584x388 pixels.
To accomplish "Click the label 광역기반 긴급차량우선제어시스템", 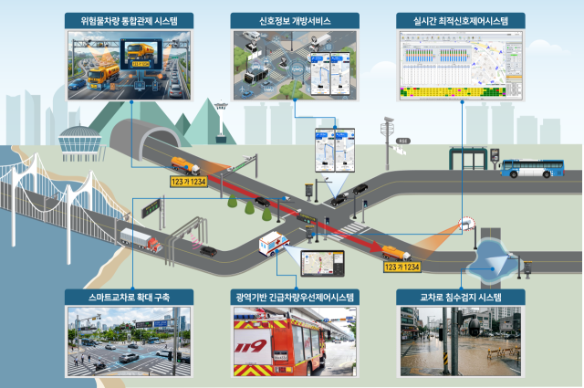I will click(x=291, y=297).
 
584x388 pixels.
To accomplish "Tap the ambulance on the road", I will click(x=275, y=244).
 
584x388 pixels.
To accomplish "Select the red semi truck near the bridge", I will click(x=141, y=240).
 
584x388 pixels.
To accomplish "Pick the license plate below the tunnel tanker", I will click(x=188, y=182).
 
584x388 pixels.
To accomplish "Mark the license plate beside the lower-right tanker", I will click(x=401, y=267).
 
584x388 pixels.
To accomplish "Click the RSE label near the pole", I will click(x=404, y=142).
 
